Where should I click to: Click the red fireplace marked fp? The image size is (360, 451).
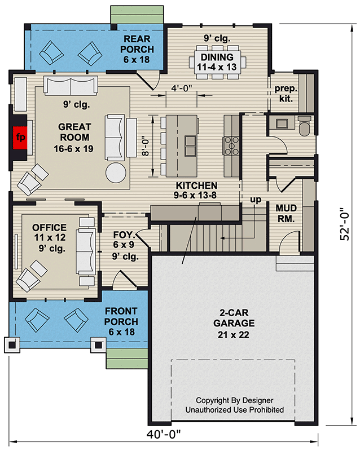click(x=20, y=138)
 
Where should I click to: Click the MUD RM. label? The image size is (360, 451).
click(x=286, y=213)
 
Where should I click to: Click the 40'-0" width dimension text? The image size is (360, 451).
click(x=164, y=434)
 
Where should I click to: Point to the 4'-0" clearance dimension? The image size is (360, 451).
click(x=182, y=88)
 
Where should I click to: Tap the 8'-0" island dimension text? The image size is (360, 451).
click(x=146, y=146)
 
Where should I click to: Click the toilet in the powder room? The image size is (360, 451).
click(x=304, y=125)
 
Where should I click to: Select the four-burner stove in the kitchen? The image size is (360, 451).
click(x=231, y=146)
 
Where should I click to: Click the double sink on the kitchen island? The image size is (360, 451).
click(x=190, y=146)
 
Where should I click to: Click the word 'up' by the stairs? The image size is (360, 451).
click(x=256, y=200)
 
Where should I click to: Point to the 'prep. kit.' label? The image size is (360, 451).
click(x=286, y=94)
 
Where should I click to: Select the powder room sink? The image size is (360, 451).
click(x=282, y=123)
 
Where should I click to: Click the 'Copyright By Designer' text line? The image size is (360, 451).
click(x=234, y=400)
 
